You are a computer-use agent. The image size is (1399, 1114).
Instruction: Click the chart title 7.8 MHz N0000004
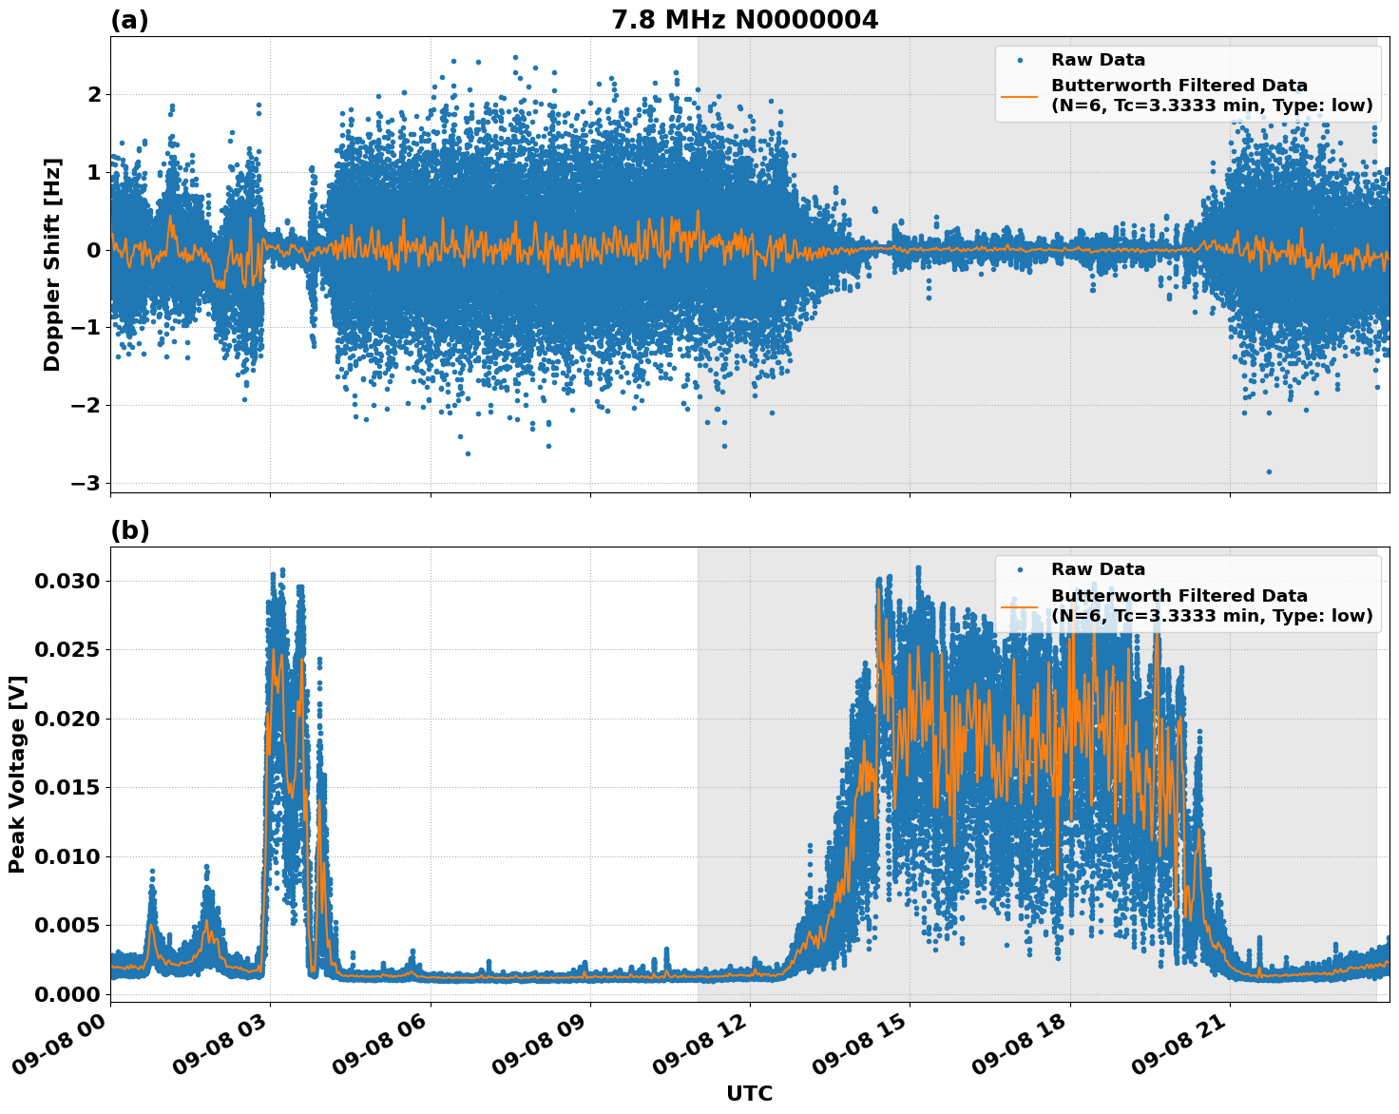[x=744, y=20]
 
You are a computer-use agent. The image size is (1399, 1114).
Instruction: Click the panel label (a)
[x=129, y=20]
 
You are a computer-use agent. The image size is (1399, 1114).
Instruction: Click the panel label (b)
[x=129, y=530]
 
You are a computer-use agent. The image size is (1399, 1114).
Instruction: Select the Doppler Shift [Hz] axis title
[x=52, y=264]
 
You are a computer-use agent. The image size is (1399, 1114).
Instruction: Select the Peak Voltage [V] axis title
[x=17, y=774]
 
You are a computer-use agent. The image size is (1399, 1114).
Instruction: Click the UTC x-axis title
[x=749, y=1093]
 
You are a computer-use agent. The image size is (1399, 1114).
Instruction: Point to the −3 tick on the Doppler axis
[x=86, y=483]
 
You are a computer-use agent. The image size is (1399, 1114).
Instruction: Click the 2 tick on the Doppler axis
[x=94, y=94]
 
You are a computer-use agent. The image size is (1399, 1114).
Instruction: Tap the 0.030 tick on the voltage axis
[x=67, y=581]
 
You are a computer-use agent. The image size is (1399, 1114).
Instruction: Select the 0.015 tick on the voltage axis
[x=67, y=787]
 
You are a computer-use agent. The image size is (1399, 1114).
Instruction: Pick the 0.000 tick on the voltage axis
[x=67, y=994]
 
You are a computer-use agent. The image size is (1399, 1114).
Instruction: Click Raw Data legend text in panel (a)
[x=1098, y=60]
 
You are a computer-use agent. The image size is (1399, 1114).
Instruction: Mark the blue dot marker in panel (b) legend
[x=1019, y=569]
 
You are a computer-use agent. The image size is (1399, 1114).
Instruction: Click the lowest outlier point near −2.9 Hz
[x=1269, y=471]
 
